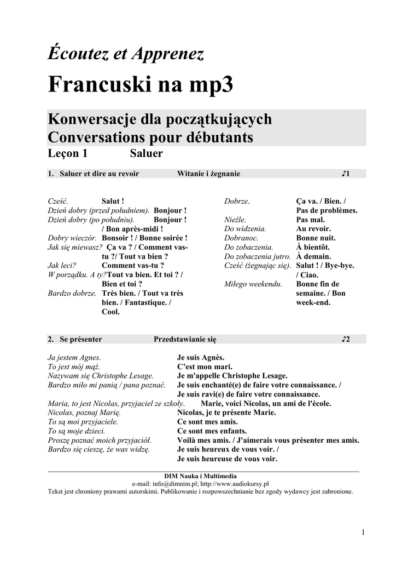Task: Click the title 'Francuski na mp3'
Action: point(141,85)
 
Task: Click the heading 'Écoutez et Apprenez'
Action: point(126,54)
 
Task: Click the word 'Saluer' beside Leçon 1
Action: point(146,153)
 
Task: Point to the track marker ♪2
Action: point(345,339)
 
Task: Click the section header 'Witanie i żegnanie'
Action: point(208,174)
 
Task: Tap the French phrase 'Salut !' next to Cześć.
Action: point(113,201)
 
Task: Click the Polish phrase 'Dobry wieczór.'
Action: point(72,238)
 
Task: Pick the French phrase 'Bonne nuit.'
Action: point(316,238)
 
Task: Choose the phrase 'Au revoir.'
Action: point(313,228)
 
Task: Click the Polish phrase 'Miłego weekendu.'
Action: point(253,284)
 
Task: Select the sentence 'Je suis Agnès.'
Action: point(201,357)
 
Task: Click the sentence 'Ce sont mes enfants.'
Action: point(212,431)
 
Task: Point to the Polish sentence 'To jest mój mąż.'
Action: point(74,367)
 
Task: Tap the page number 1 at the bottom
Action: point(363,532)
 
